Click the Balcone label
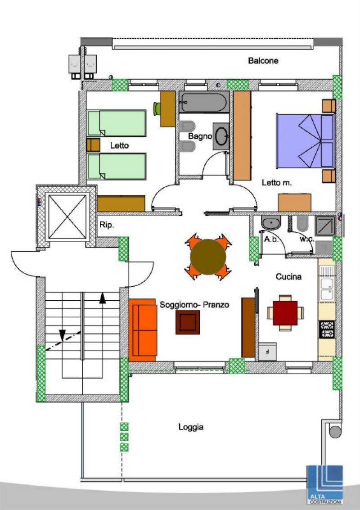(x=263, y=60)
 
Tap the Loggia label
(x=191, y=427)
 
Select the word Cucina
(x=288, y=277)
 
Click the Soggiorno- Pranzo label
(x=194, y=305)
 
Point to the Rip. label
(x=107, y=225)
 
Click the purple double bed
(x=306, y=141)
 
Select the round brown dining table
(x=208, y=256)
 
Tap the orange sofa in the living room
(x=143, y=330)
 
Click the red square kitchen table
(x=285, y=313)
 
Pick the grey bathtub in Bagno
(x=204, y=102)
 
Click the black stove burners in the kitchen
(x=327, y=329)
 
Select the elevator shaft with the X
(x=67, y=217)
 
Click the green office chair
(x=157, y=108)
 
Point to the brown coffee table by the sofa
(x=188, y=322)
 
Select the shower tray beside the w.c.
(x=325, y=226)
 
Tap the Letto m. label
(x=277, y=183)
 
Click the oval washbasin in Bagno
(x=222, y=136)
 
